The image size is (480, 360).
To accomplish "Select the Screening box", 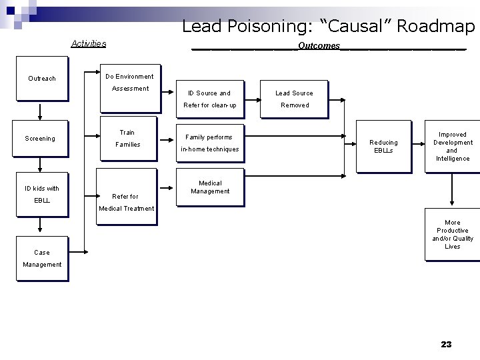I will click(41, 139).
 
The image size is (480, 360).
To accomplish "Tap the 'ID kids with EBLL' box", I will click(42, 194).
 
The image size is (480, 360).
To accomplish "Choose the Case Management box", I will click(42, 257).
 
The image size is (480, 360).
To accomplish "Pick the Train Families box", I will click(127, 139).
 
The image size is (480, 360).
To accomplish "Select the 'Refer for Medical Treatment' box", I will click(126, 201).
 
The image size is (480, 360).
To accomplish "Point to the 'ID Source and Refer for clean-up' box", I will click(209, 99).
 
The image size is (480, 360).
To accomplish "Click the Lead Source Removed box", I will click(295, 99).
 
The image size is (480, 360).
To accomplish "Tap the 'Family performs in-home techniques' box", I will click(209, 143).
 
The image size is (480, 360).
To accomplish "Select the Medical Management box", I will click(209, 187).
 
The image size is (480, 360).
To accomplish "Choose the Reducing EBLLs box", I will click(383, 146).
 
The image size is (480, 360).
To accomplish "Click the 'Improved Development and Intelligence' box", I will click(452, 146).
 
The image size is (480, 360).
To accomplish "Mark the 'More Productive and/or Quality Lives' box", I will click(452, 234).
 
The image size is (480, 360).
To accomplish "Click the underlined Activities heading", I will click(89, 44).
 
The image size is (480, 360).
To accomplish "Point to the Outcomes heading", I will click(319, 46).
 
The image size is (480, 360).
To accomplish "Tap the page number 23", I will click(446, 344).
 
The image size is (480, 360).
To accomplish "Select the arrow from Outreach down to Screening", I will click(41, 109).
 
